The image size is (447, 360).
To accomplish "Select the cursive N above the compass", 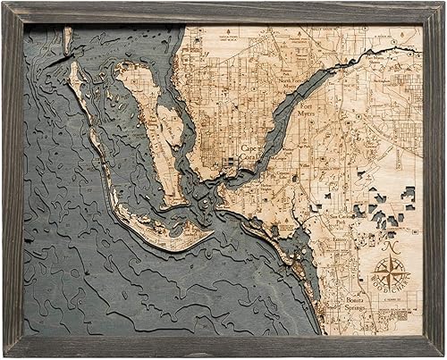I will tap(391, 242).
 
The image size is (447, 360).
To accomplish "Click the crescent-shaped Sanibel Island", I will tap(179, 234).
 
